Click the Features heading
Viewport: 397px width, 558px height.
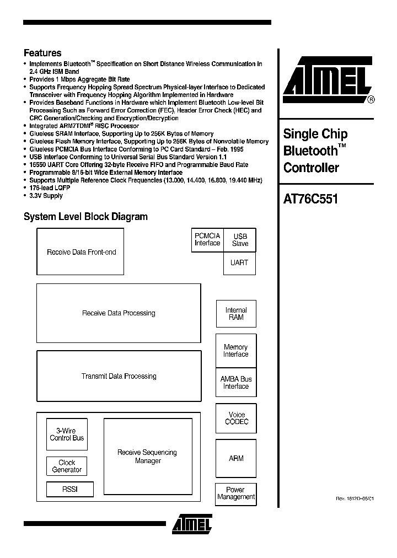click(42, 53)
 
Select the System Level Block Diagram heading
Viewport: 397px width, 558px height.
click(85, 217)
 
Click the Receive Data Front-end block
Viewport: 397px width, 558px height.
click(81, 252)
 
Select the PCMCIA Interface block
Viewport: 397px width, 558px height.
click(207, 240)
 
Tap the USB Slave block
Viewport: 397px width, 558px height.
click(240, 240)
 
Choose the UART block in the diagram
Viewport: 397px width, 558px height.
click(239, 263)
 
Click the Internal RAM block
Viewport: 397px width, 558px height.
click(236, 314)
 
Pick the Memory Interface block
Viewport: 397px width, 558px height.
click(236, 351)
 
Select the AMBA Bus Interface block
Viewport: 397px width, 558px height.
click(236, 383)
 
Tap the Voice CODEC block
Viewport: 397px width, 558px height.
click(237, 418)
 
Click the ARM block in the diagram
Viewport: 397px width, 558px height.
click(236, 458)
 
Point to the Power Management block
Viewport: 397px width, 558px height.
click(236, 493)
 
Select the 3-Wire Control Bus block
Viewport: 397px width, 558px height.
click(67, 434)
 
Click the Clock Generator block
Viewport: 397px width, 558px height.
click(67, 466)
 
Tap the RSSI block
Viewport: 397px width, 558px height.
click(69, 489)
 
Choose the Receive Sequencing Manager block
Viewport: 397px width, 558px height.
click(148, 457)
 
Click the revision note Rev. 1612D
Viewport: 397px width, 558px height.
click(355, 498)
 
